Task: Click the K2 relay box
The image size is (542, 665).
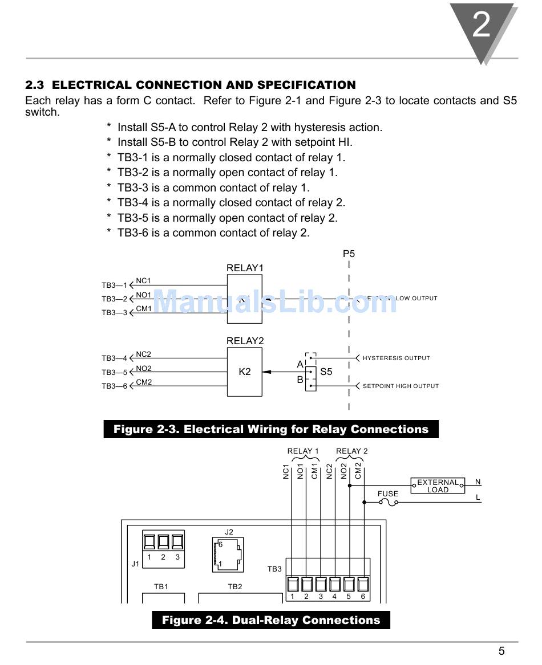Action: click(x=244, y=372)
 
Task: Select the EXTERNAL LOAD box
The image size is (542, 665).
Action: click(x=438, y=486)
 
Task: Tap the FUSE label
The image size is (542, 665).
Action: click(x=388, y=493)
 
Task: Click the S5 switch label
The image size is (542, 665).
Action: click(x=326, y=372)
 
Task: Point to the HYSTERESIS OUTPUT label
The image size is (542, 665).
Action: click(x=396, y=358)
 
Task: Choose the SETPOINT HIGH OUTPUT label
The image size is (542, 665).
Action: click(x=401, y=386)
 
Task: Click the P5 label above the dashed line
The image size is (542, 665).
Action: click(x=349, y=254)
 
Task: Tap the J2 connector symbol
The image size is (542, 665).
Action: click(x=228, y=554)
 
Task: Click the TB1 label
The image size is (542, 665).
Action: click(x=161, y=586)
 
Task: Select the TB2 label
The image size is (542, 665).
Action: click(x=235, y=586)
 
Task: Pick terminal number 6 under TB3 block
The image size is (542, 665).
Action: click(x=363, y=597)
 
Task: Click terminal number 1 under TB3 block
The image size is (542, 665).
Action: click(x=292, y=597)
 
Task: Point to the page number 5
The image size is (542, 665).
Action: click(x=501, y=651)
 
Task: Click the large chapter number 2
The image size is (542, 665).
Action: click(x=482, y=26)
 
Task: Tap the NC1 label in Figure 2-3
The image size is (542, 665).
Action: click(x=143, y=281)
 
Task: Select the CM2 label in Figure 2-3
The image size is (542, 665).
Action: click(x=144, y=382)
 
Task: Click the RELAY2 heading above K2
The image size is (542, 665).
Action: click(x=245, y=341)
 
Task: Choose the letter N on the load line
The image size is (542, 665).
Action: click(x=478, y=482)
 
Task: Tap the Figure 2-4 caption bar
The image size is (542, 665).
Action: click(x=270, y=620)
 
